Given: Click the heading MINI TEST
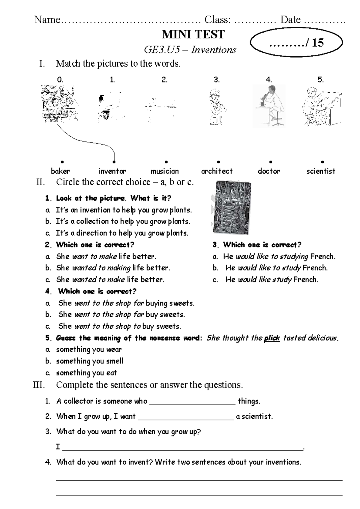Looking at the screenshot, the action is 193,35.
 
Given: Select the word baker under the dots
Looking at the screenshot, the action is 60,171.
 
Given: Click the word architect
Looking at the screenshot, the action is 217,171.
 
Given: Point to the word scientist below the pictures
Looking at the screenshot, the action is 321,171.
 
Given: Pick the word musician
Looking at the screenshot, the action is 165,171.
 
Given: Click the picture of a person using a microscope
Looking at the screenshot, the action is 269,106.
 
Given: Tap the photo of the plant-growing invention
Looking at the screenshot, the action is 232,207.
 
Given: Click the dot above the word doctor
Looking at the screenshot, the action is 271,162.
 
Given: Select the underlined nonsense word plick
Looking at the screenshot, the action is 271,338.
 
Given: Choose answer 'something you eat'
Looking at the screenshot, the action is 86,373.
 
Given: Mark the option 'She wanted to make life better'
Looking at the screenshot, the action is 110,279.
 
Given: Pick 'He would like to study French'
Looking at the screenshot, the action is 276,268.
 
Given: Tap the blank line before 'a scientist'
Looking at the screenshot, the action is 186,420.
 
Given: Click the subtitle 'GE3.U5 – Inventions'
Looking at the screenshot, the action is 190,50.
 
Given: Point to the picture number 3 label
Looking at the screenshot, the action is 217,80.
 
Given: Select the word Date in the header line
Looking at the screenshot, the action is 290,20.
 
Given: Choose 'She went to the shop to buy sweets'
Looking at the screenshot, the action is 120,326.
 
